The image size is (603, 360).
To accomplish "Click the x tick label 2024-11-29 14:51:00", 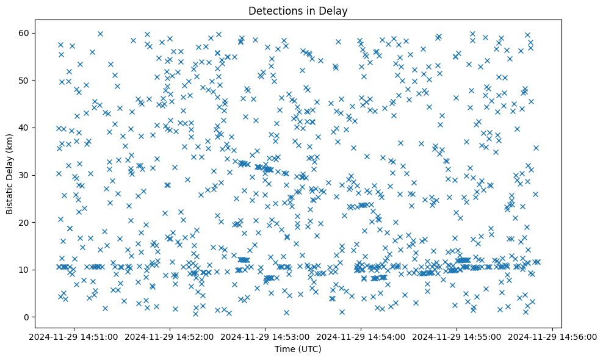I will click(x=75, y=336).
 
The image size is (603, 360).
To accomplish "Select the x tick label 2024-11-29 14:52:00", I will click(x=170, y=336).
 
